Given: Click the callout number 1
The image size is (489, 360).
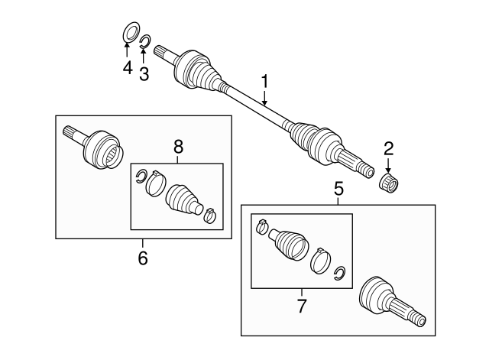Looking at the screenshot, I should pyautogui.click(x=265, y=80).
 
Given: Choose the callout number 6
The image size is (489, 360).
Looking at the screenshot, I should pyautogui.click(x=143, y=258).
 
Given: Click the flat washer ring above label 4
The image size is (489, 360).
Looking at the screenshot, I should pyautogui.click(x=129, y=34).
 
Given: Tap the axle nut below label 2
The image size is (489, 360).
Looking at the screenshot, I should pyautogui.click(x=390, y=183).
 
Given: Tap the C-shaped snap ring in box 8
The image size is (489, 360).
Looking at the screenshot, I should pyautogui.click(x=140, y=177).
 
